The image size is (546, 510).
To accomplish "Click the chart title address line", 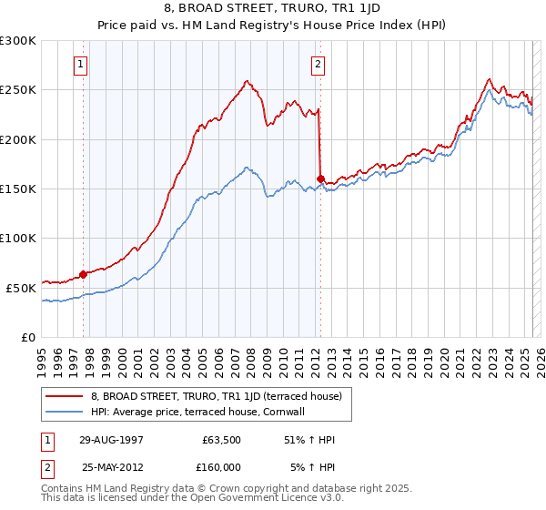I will [x=272, y=8].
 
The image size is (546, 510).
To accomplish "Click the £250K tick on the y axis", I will [x=18, y=90].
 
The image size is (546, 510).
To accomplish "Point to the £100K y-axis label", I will [x=18, y=238].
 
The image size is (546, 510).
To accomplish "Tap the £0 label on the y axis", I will [x=28, y=337].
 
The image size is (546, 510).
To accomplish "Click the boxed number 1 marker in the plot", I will [x=82, y=65].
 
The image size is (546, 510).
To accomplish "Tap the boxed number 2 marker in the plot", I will [x=318, y=65].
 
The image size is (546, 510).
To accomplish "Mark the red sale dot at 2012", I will [x=320, y=178].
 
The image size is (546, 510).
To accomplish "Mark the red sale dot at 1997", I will [x=83, y=273].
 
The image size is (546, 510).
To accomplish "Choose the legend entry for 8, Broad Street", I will [x=216, y=396].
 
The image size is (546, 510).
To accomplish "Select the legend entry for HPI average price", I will [x=197, y=412].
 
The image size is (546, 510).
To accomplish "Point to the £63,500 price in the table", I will [x=221, y=439].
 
